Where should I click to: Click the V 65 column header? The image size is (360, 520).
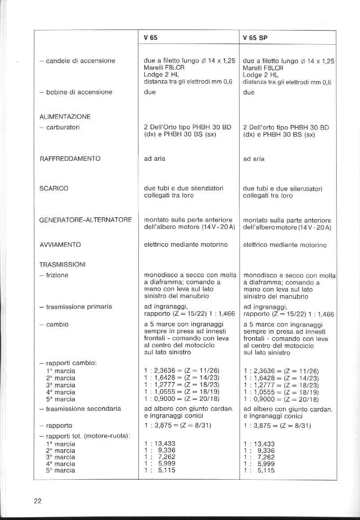(150, 38)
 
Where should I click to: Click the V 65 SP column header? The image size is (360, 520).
(255, 38)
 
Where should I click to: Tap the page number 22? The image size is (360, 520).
(38, 501)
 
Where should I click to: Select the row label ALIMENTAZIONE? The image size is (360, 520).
(65, 116)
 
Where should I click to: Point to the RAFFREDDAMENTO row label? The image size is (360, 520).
(69, 159)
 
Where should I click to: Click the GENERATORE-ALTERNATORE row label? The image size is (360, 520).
(86, 220)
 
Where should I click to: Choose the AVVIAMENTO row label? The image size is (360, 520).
(60, 245)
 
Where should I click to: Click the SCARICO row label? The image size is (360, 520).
(54, 189)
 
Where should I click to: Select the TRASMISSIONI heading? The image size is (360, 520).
(62, 264)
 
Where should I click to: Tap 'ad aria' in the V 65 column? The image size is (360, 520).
(154, 159)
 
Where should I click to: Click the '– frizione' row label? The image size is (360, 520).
(54, 275)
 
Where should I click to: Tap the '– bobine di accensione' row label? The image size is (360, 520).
(76, 92)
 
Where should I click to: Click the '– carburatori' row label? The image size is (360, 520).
(60, 128)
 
